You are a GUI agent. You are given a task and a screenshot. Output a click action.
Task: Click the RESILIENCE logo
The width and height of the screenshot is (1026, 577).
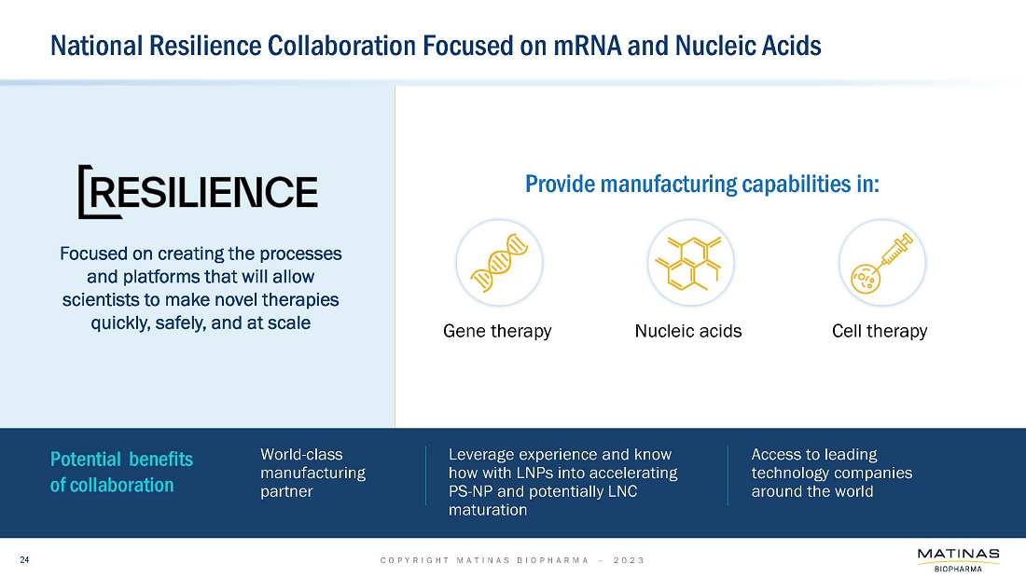198,192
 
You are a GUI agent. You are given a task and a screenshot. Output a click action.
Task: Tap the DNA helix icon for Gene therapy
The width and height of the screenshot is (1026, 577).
499,263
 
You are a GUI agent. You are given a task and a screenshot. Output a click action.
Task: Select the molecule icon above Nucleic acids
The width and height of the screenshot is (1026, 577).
691,263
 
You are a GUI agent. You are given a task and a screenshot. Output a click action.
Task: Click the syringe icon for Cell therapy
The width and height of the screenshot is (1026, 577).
882,263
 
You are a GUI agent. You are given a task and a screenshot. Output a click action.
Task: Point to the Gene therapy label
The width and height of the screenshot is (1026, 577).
497,331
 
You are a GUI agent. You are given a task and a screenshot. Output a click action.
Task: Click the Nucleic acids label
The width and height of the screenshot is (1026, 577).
688,331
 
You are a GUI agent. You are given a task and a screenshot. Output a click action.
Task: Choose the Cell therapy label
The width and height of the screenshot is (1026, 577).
880,331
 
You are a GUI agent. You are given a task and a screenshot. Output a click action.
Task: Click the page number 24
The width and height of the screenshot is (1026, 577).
25,559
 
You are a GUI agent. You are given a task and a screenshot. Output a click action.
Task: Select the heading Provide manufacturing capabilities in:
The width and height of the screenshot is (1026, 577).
702,184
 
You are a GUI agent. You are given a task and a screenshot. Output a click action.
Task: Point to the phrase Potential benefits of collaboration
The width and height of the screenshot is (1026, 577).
121,472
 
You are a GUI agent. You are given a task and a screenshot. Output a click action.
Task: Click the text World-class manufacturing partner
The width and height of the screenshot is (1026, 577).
312,473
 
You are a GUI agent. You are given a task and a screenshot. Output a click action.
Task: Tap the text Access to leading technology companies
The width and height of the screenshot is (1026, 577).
831,473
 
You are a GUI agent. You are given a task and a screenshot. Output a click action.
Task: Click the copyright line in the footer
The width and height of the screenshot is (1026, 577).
512,560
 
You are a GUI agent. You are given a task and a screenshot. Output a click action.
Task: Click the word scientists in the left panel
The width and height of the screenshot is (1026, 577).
105,300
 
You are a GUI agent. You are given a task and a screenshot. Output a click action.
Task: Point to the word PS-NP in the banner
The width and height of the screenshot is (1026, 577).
472,491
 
